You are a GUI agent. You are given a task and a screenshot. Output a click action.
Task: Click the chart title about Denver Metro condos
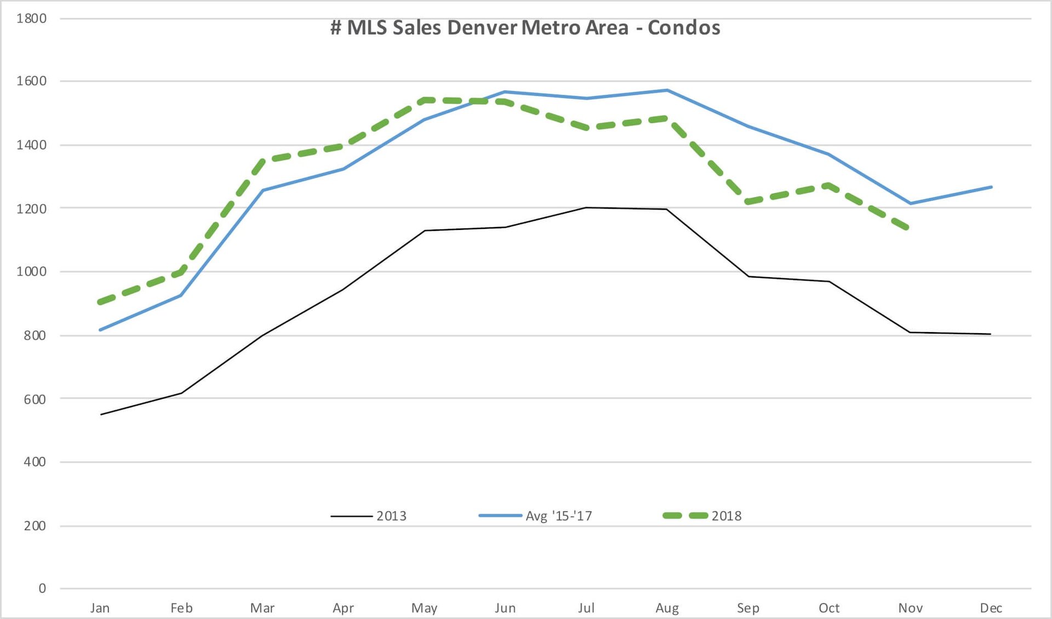[525, 28]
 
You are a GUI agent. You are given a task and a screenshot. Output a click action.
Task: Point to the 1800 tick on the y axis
[32, 19]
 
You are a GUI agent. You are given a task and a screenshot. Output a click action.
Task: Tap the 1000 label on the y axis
[32, 272]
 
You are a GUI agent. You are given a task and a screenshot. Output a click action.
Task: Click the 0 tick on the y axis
[42, 589]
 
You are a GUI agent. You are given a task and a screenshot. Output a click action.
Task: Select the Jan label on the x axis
[100, 608]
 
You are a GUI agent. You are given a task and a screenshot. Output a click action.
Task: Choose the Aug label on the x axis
[667, 608]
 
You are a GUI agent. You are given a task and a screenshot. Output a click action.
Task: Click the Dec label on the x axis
[991, 608]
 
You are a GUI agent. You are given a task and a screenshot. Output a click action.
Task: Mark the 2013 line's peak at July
[586, 208]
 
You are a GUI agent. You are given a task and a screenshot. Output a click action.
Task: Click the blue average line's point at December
[991, 187]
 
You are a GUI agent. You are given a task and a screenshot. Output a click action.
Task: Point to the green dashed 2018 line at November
[910, 228]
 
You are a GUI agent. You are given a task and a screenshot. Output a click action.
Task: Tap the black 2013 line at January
[101, 414]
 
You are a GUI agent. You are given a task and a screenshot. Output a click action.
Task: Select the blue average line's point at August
[667, 90]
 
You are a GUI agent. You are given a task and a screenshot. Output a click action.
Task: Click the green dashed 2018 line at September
[748, 202]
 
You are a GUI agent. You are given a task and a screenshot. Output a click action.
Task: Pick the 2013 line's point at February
[181, 393]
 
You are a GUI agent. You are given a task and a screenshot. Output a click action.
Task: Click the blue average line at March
[262, 190]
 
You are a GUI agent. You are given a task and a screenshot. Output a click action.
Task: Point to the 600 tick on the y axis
[35, 399]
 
